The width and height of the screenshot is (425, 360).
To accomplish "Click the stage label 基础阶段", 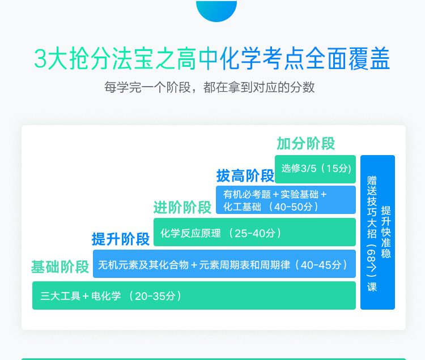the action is tap(60, 267).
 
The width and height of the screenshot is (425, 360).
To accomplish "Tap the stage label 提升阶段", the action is tap(121, 239).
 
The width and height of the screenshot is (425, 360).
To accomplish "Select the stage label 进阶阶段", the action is tap(182, 208).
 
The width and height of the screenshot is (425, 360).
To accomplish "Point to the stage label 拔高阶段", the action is tap(245, 176).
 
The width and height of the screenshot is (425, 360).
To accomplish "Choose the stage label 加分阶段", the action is tap(306, 143).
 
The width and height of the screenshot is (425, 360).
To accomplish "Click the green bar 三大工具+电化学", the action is tap(194, 295).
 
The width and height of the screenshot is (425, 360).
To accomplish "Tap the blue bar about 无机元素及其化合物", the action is tap(224, 264).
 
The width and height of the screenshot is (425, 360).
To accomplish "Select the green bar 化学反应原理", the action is tap(255, 232).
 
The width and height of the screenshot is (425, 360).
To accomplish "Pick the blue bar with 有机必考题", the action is tap(286, 200).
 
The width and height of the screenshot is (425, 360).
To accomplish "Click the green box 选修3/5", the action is tap(315, 169).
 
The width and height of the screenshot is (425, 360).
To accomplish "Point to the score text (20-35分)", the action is tap(155, 296).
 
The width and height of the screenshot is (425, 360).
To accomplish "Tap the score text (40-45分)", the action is tap(321, 265).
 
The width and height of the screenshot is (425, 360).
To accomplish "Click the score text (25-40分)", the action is tap(255, 233).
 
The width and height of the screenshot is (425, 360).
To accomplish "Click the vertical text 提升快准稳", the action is tap(386, 232).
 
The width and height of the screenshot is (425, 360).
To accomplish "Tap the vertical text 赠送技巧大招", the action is tap(372, 207).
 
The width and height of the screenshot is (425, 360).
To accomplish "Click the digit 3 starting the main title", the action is tap(40, 59).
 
